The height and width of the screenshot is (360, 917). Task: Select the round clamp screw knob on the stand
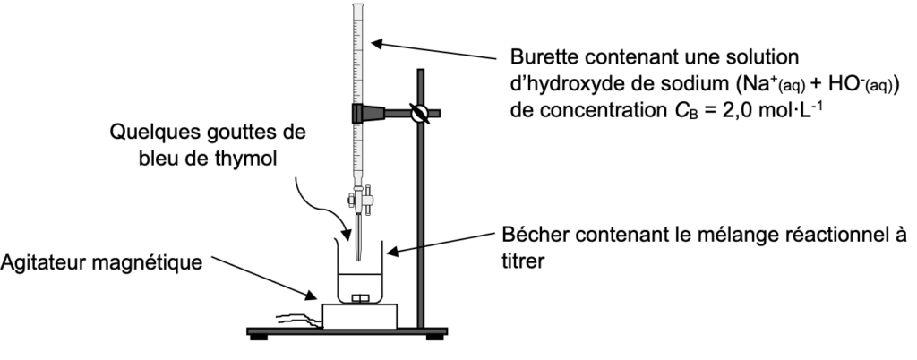(418, 114)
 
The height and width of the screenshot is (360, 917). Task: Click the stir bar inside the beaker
(361, 297)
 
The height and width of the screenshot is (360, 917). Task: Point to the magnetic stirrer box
(360, 316)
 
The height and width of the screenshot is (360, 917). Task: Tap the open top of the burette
(360, 8)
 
